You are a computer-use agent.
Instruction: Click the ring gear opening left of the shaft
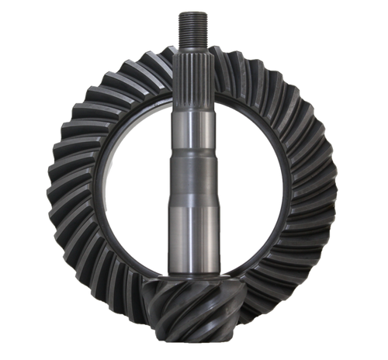tap(136, 186)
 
